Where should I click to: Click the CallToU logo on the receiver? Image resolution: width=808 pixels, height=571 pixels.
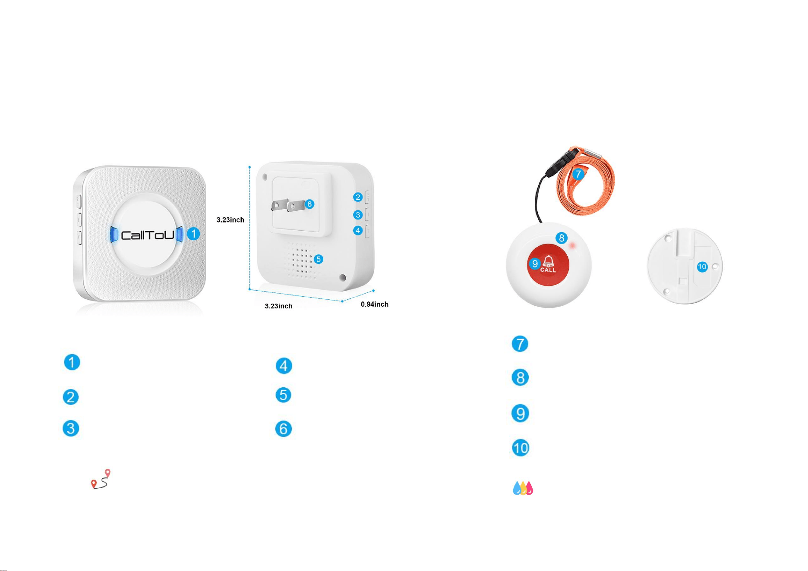coord(147,235)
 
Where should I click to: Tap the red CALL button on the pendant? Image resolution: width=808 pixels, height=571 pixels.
coord(549,265)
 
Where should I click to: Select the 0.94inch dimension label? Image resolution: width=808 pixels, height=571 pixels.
coord(375,304)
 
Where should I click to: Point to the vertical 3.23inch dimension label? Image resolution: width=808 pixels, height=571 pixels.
coord(230,220)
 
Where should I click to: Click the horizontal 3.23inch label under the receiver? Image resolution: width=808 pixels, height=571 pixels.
coord(278,306)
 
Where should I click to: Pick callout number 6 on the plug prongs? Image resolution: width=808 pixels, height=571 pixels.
coord(309,204)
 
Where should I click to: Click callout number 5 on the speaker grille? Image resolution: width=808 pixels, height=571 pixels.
coord(319,259)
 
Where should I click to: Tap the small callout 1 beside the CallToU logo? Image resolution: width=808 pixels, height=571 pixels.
coord(193,234)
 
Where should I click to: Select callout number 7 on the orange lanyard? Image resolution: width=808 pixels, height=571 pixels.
coord(578,174)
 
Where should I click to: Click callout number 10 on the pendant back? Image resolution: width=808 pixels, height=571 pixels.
coord(702,267)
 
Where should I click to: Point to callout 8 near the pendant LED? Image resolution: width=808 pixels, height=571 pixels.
coord(562,238)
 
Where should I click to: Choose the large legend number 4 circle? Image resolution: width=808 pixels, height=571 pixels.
coord(284,366)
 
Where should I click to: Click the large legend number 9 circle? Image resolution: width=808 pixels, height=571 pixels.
coord(521,413)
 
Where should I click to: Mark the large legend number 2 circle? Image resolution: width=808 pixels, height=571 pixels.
coord(71,397)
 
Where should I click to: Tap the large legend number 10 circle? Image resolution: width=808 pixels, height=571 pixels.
coord(521,448)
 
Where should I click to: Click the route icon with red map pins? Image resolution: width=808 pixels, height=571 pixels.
coord(101,479)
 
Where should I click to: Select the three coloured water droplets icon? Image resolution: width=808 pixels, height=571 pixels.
coord(523,488)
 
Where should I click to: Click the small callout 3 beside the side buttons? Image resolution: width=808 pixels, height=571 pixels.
coord(358,215)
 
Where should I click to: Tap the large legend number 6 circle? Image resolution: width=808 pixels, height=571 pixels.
coord(284,429)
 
